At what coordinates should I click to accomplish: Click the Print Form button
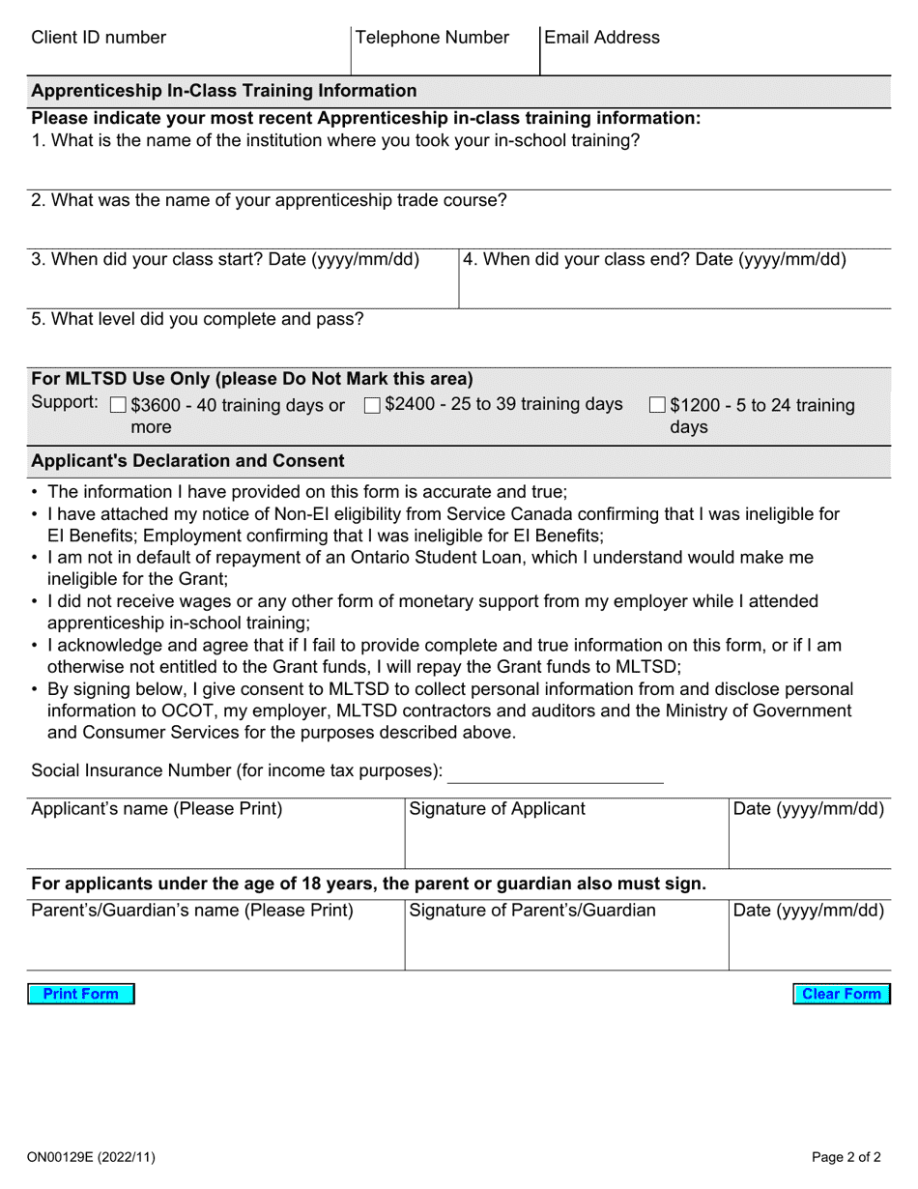pos(80,994)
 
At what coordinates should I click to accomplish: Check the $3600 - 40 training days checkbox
pos(119,406)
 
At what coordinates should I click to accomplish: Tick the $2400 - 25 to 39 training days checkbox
pos(372,406)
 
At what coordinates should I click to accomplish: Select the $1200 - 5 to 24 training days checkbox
pos(657,406)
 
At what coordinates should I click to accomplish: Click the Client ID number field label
pos(99,38)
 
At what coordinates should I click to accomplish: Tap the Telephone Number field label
pos(432,38)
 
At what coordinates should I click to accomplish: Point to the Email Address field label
pos(602,38)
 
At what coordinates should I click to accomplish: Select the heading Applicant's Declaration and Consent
pos(187,461)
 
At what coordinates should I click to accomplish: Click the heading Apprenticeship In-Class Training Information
pos(224,91)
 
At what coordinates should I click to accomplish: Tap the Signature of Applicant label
pos(497,809)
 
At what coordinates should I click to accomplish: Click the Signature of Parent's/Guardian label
pos(532,911)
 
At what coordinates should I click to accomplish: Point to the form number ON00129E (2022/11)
pos(91,1156)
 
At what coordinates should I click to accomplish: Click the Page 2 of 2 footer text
pos(846,1156)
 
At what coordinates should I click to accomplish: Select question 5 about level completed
pos(197,319)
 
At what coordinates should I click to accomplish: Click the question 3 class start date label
pos(225,260)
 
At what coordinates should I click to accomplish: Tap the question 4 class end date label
pos(654,260)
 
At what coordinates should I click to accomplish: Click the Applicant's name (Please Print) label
pos(157,809)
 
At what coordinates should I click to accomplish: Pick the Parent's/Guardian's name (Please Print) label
pos(192,911)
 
